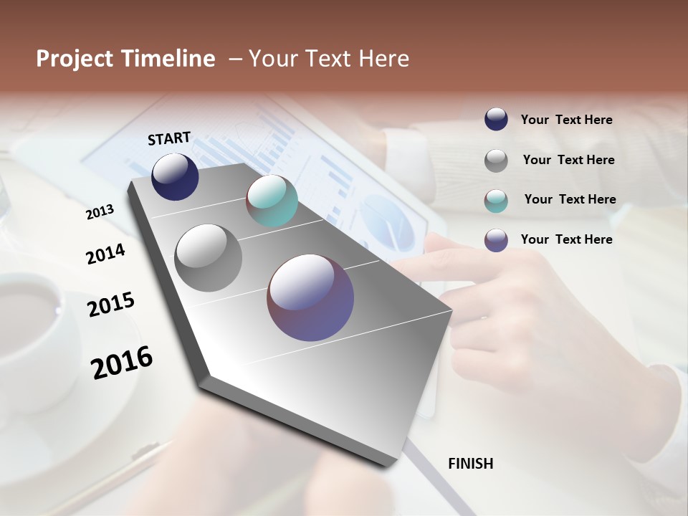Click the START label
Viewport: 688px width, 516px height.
pos(169,138)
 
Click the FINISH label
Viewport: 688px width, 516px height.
pos(470,464)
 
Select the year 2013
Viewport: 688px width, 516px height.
pos(100,212)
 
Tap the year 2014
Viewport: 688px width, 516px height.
pos(106,254)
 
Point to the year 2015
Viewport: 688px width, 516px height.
pos(111,305)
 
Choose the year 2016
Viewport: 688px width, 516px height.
pos(122,362)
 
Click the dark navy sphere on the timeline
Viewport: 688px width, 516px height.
pos(175,177)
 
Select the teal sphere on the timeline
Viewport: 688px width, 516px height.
pos(272,201)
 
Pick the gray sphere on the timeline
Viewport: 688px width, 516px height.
pos(209,258)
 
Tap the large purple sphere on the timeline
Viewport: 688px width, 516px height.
pos(310,297)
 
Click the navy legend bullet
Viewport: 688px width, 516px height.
pos(496,119)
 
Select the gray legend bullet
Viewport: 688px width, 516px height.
pos(496,161)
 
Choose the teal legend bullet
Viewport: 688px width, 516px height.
pos(496,201)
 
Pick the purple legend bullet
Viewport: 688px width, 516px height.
pos(496,240)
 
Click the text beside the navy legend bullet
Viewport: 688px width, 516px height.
pos(566,120)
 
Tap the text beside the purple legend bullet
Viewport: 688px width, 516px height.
pos(566,239)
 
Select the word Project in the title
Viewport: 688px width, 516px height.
pos(75,59)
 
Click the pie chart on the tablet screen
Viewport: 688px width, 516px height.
pos(387,222)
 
